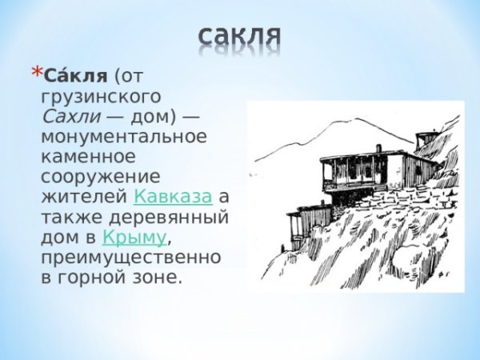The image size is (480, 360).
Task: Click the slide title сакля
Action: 240,36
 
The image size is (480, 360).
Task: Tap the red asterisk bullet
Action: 34,73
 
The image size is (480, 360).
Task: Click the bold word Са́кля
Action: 74,76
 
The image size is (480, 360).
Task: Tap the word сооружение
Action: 100,176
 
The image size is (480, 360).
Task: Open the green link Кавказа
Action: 173,196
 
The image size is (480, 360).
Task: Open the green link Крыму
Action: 134,237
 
